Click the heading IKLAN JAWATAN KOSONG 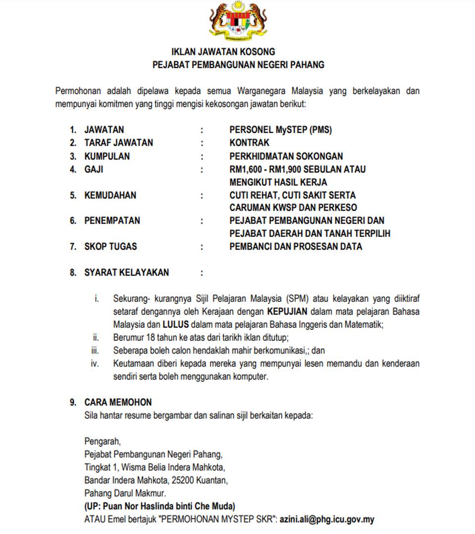[x=223, y=51]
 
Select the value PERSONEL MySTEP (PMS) [x=280, y=130]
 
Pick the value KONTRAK [x=250, y=143]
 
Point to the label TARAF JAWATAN [x=118, y=143]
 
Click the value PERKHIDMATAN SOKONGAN [x=286, y=156]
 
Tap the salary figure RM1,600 [x=246, y=169]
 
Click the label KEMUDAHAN [x=110, y=195]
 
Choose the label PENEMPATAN [x=112, y=221]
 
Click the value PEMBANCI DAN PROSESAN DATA [x=295, y=246]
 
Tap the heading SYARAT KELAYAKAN [x=126, y=272]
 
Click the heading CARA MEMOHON [x=118, y=402]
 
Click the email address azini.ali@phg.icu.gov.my [x=327, y=520]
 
